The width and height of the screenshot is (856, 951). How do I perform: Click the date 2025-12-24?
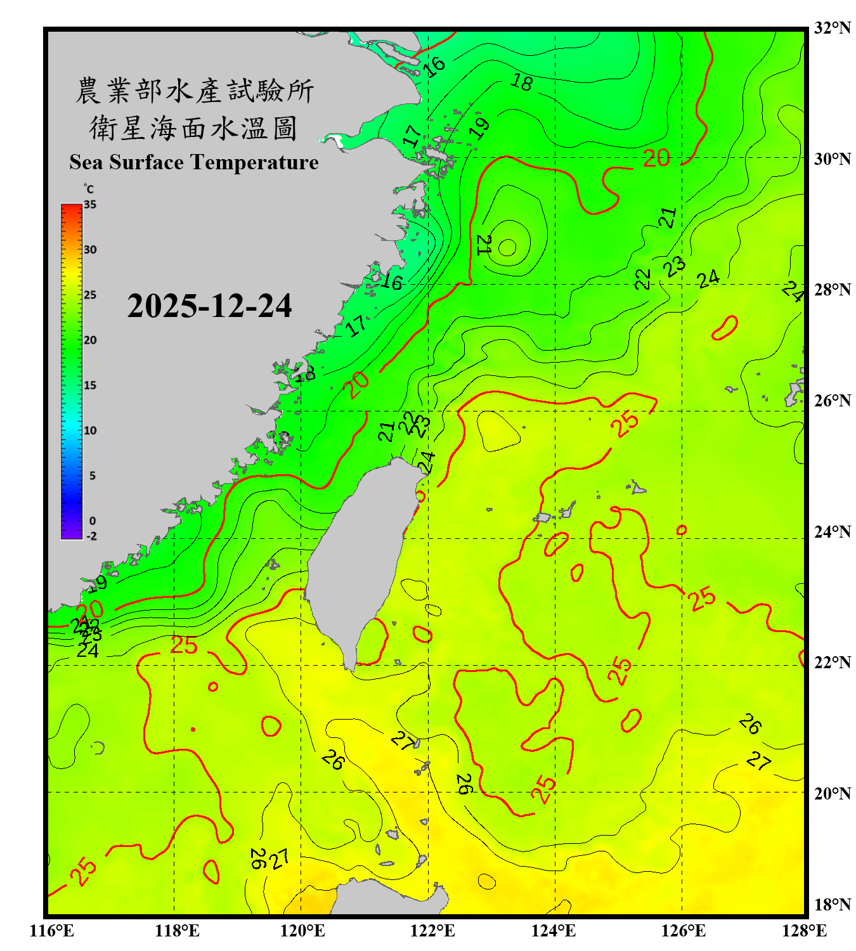pos(209,306)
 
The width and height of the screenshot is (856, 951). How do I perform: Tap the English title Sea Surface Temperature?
pos(194,162)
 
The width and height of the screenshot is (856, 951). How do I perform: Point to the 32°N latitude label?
pos(832,28)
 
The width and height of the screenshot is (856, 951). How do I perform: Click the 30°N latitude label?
pos(832,158)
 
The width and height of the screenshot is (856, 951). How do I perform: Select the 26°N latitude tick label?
pos(832,401)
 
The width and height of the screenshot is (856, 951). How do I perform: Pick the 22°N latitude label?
pos(832,663)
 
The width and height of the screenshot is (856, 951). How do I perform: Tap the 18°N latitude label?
pos(832,905)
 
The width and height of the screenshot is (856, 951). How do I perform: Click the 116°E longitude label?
pos(52,931)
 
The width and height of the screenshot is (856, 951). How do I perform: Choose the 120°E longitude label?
pos(302,931)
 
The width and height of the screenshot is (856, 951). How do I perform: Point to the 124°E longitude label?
pos(554,931)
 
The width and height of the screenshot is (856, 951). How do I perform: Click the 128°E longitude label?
pos(804,931)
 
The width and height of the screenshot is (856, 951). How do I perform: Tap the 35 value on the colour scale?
pos(90,205)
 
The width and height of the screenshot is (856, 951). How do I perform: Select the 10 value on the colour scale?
pos(90,430)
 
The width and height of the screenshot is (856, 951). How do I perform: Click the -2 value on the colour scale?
pos(91,536)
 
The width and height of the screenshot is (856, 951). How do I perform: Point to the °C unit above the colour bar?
pos(89,189)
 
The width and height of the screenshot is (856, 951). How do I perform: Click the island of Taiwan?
pos(358,558)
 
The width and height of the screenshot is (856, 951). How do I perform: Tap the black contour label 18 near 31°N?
pos(522,82)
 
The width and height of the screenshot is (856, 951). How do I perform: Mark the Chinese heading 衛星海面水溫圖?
pos(193,128)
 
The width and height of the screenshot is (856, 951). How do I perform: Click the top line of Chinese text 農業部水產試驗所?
pos(195,91)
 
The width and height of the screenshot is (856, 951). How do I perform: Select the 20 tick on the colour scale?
pos(90,340)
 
